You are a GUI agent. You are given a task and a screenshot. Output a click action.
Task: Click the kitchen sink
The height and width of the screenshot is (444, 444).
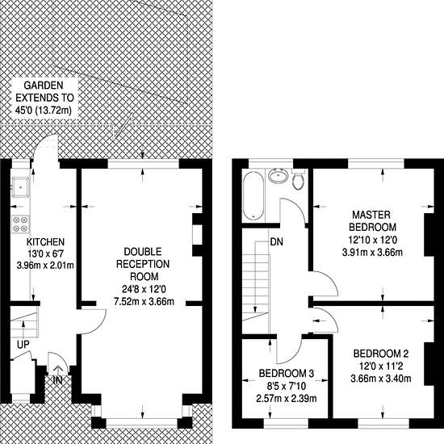click(20, 187)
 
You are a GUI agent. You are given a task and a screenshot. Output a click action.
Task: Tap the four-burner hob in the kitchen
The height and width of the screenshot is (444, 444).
click(20, 224)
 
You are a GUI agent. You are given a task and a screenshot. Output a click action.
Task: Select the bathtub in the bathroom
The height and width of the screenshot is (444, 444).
click(253, 196)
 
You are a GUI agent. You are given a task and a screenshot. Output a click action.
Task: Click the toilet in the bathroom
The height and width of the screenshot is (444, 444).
click(298, 179)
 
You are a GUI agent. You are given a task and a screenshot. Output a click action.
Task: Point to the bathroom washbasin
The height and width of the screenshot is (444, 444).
click(278, 175)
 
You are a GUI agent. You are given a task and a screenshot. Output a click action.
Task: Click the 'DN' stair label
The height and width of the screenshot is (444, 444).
click(276, 242)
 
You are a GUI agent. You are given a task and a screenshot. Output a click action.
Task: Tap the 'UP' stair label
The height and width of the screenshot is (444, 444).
click(23, 345)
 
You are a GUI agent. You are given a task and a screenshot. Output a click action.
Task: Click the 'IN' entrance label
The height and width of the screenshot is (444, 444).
click(57, 380)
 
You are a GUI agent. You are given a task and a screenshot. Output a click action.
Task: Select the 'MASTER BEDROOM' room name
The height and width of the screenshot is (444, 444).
click(372, 221)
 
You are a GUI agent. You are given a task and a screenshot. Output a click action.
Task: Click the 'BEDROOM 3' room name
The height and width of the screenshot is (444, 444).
click(287, 374)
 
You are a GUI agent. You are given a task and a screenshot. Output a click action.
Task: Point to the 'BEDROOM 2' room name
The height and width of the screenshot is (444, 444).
click(381, 354)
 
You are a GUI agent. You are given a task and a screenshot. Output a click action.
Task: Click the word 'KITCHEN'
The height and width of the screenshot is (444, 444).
click(45, 242)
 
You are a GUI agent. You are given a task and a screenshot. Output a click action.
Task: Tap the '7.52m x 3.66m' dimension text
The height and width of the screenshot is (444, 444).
click(144, 302)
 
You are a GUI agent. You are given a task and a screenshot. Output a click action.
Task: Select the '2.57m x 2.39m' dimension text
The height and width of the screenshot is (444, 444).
click(287, 399)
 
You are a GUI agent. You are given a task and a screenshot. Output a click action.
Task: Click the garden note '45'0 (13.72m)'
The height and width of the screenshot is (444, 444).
click(43, 110)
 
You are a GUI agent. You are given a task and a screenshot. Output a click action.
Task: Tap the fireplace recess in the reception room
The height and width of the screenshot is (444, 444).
click(198, 235)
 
